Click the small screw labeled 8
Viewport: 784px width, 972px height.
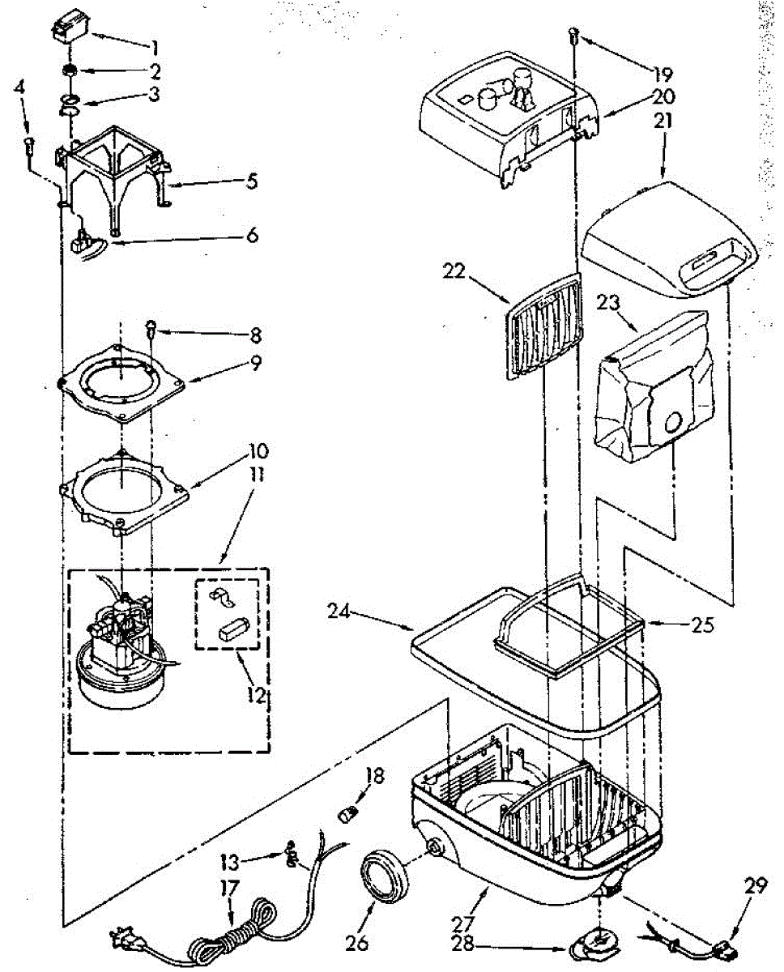coord(151,326)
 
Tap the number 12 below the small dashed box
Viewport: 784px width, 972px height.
coord(256,696)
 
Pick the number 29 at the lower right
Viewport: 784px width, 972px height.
coord(756,887)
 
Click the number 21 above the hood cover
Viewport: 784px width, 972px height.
coord(664,122)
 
